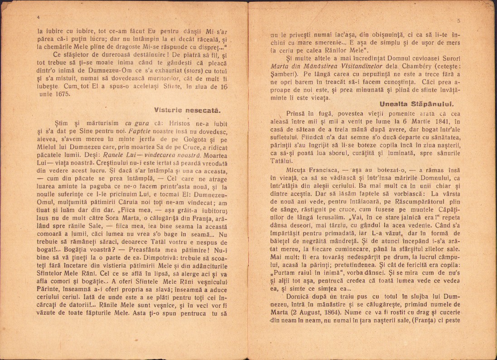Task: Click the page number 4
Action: click(x=39, y=17)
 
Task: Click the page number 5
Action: click(x=459, y=21)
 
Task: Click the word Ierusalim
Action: click(x=318, y=217)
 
